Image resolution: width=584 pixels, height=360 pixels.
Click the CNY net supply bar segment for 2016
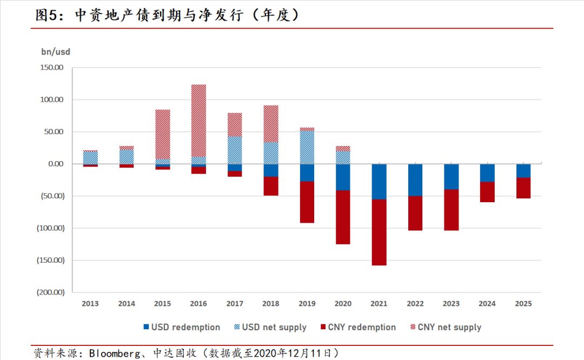pyautogui.click(x=198, y=121)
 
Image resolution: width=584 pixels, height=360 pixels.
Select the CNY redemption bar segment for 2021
pyautogui.click(x=379, y=232)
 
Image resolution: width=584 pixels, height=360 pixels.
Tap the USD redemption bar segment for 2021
pyautogui.click(x=379, y=182)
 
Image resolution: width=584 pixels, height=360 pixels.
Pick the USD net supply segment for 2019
pyautogui.click(x=307, y=148)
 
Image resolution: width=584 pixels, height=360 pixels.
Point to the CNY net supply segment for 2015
pyautogui.click(x=163, y=135)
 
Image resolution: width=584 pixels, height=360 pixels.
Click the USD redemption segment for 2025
pyautogui.click(x=523, y=171)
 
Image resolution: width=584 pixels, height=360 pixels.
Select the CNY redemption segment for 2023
pyautogui.click(x=452, y=210)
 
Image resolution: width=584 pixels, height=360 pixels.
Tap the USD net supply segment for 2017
pyautogui.click(x=235, y=150)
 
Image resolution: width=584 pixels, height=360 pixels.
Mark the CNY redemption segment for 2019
pyautogui.click(x=307, y=202)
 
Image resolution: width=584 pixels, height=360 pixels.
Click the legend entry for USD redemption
pyautogui.click(x=182, y=327)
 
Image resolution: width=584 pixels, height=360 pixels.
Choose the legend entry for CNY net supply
pyautogui.click(x=446, y=327)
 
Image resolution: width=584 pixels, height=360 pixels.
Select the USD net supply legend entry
pyautogui.click(x=270, y=327)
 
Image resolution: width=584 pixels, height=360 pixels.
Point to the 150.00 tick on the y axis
pyautogui.click(x=52, y=68)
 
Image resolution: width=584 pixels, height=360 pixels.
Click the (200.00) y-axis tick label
pyautogui.click(x=51, y=292)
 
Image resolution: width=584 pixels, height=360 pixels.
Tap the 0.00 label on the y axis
pyautogui.click(x=56, y=164)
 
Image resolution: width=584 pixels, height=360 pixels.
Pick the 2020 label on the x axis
pyautogui.click(x=343, y=304)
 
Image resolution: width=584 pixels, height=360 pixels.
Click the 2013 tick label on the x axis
pyautogui.click(x=90, y=304)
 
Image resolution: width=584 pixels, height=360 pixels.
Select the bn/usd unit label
pyautogui.click(x=56, y=52)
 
